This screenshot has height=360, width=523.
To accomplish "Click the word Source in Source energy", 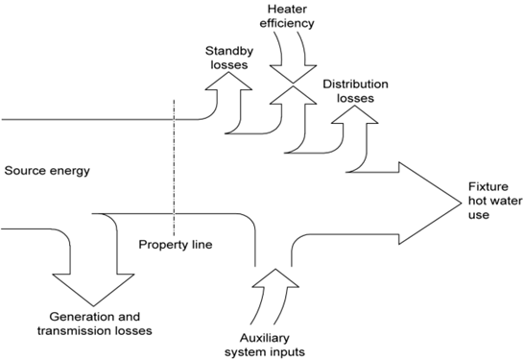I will (x=26, y=172).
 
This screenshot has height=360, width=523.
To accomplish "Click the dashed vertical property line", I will (x=173, y=163).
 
